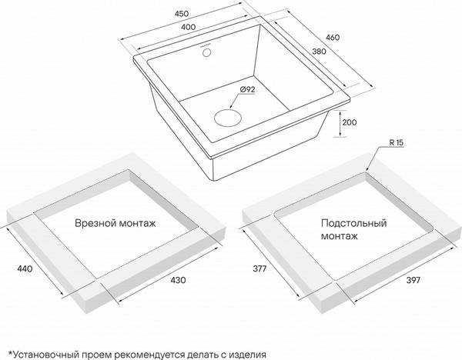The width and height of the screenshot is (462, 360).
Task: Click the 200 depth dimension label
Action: coord(350,122)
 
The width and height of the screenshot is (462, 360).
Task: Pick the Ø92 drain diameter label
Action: coord(247,90)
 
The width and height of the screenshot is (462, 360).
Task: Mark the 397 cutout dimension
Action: coord(412,280)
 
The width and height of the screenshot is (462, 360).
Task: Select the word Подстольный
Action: coord(353,223)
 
